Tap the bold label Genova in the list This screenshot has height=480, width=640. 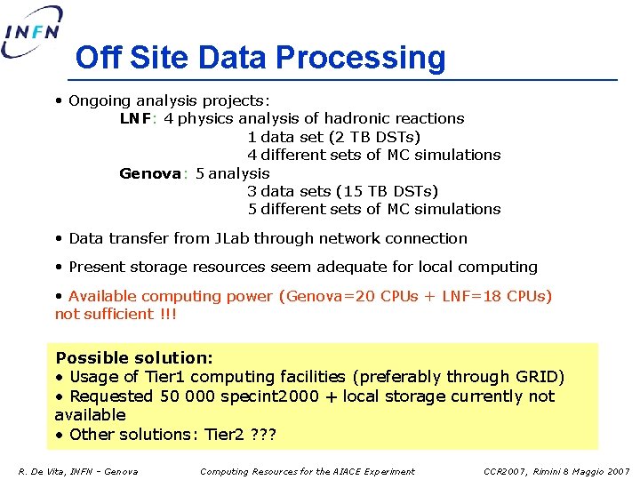[150, 173]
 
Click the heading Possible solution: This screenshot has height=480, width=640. [134, 358]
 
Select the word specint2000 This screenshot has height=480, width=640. [229, 396]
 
